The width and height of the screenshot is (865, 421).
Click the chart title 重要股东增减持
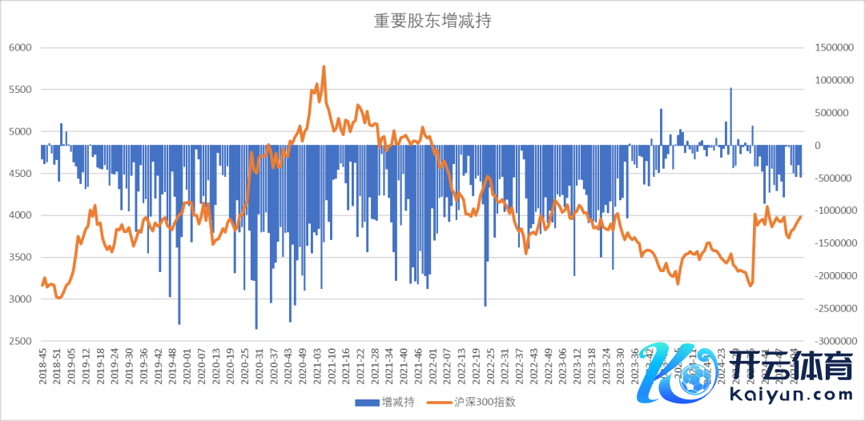(432, 22)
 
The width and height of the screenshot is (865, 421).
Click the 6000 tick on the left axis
(19, 48)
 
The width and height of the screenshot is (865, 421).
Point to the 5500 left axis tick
(19, 90)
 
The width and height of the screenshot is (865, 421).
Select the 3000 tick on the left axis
(19, 299)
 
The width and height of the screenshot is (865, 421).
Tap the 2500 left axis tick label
(19, 341)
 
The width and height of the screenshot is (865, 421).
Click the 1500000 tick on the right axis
(833, 48)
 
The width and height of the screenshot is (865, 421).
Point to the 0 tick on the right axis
(818, 146)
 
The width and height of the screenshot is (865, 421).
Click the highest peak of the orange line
(324, 66)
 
